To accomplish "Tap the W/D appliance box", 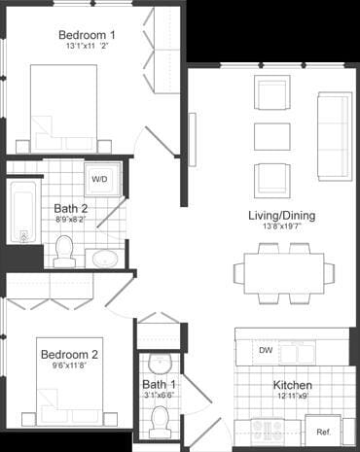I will [100, 179].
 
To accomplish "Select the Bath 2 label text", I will [71, 208].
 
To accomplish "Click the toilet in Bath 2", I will [65, 250].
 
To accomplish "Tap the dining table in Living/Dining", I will [283, 268].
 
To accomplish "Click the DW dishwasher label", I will [266, 350].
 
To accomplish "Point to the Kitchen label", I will [292, 384].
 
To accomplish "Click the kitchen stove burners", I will [268, 429].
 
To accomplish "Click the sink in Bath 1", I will [162, 363].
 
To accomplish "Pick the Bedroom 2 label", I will [68, 356].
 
